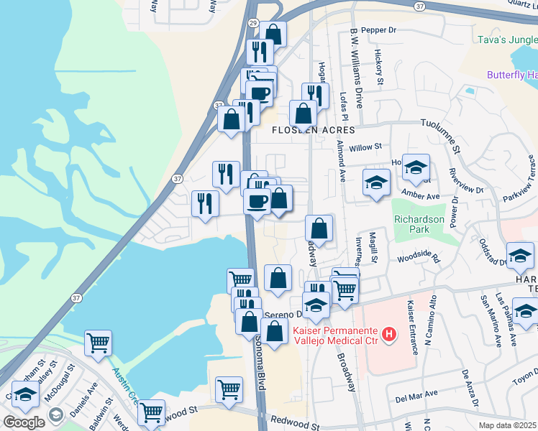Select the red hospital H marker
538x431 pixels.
pos(389,334)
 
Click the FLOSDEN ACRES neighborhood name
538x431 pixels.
pos(313,130)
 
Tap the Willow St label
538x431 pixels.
pos(365,147)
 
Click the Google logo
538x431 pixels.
pos(24,422)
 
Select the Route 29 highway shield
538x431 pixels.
pos(252,24)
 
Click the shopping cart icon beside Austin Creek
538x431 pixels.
pos(98,343)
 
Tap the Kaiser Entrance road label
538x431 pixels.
pos(412,327)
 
